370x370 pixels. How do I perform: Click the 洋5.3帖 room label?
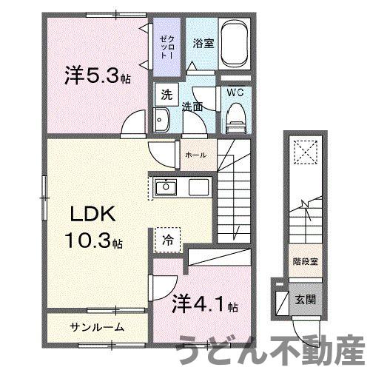click(97, 75)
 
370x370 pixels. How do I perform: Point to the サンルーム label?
click(97, 326)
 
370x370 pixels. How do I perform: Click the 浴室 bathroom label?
click(203, 44)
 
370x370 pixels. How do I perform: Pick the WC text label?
click(235, 93)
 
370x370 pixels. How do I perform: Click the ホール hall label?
click(195, 155)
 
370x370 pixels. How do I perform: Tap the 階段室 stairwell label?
click(304, 261)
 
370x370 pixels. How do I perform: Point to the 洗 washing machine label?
click(167, 95)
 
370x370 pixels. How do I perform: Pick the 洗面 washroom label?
click(193, 107)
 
